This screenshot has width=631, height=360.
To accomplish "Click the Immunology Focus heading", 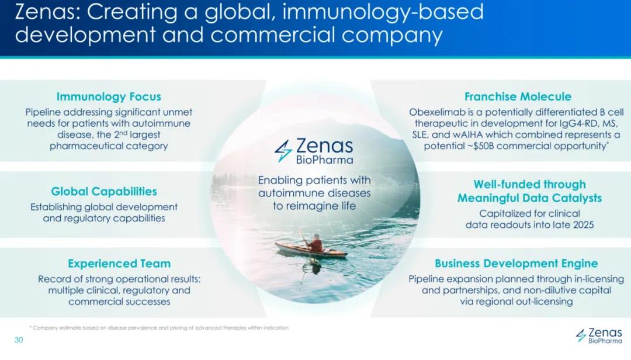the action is click(109, 96).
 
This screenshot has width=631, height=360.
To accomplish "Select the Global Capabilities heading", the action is click(104, 191).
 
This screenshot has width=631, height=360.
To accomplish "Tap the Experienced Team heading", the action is click(119, 264).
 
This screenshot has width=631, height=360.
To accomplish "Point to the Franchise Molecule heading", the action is click(518, 96).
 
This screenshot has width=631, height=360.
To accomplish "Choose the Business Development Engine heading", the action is click(516, 264).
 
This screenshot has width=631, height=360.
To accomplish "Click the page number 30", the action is click(19, 340).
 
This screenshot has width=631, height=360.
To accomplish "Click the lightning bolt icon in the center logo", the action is click(283, 151).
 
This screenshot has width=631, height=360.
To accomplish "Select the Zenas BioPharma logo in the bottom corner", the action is click(599, 335).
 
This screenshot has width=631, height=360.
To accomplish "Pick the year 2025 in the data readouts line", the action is click(584, 224).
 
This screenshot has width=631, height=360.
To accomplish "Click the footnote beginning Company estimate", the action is click(159, 328).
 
